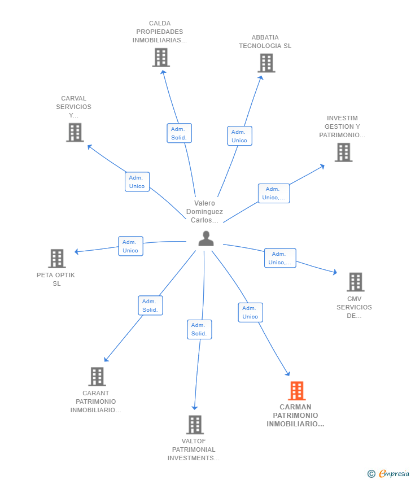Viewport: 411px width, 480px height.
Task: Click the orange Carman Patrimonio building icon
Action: [296, 391]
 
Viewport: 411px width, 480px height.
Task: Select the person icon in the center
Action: [206, 238]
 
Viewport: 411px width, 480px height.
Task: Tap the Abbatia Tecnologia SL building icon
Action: [266, 63]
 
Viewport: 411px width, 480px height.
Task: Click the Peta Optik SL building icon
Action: [57, 259]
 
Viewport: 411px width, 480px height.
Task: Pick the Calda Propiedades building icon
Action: [161, 57]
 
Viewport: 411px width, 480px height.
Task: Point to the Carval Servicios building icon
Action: [75, 132]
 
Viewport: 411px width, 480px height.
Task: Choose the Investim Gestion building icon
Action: [343, 152]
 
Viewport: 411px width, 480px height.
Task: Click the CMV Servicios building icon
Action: [356, 282]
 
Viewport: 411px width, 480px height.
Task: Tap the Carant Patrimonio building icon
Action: [97, 377]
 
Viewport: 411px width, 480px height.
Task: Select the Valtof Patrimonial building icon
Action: [195, 425]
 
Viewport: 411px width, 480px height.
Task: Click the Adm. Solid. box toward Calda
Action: [179, 133]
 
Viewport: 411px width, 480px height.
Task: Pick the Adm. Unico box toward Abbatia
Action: [239, 136]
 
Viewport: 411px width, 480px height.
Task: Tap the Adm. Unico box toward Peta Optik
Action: [130, 246]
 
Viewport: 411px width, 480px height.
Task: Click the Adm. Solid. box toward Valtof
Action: [199, 329]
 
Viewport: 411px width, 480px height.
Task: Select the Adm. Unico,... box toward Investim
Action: [274, 194]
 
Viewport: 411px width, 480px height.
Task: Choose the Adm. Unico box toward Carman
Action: [250, 312]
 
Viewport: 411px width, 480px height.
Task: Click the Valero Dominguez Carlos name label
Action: [204, 212]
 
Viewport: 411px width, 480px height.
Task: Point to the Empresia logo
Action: [388, 474]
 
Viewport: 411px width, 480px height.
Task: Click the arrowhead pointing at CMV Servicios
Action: [335, 272]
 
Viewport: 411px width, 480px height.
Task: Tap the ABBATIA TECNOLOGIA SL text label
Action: [265, 42]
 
